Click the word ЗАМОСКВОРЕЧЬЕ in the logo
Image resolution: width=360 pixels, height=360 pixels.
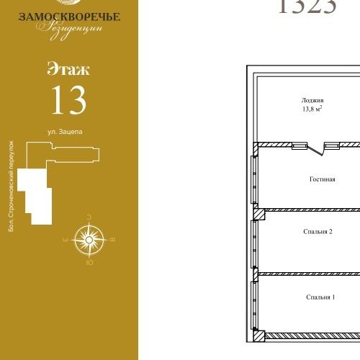tap(70, 16)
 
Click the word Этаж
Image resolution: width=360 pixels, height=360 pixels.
tap(68, 70)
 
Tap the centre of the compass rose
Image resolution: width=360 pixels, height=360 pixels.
tap(90, 237)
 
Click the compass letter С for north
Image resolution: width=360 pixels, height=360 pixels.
tap(89, 216)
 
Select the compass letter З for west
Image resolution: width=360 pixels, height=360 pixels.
tap(66, 238)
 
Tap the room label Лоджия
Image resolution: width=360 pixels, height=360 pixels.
tap(313, 101)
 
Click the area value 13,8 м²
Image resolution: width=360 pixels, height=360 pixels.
tap(312, 110)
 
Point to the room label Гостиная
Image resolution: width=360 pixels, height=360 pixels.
tap(323, 179)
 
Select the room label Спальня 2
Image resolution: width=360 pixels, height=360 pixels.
tap(318, 231)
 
